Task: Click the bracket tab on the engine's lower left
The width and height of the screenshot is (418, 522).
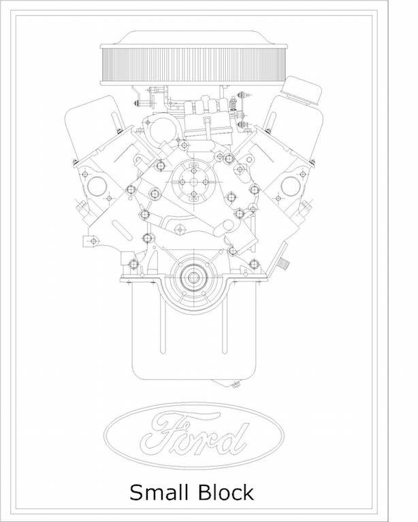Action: click(89, 239)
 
